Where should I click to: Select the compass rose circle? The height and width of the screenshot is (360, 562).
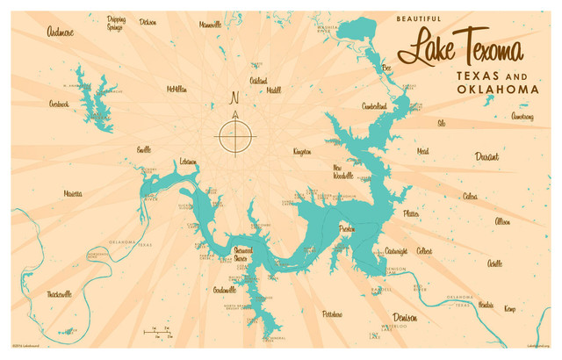tap(234, 136)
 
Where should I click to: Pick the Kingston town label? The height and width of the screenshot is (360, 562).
tap(301, 151)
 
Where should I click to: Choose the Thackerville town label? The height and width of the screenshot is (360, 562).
tap(60, 293)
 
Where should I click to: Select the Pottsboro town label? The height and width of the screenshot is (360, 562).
tap(332, 313)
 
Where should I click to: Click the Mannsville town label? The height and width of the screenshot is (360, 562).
tap(211, 25)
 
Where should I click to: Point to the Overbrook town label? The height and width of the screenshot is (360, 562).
tap(59, 104)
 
